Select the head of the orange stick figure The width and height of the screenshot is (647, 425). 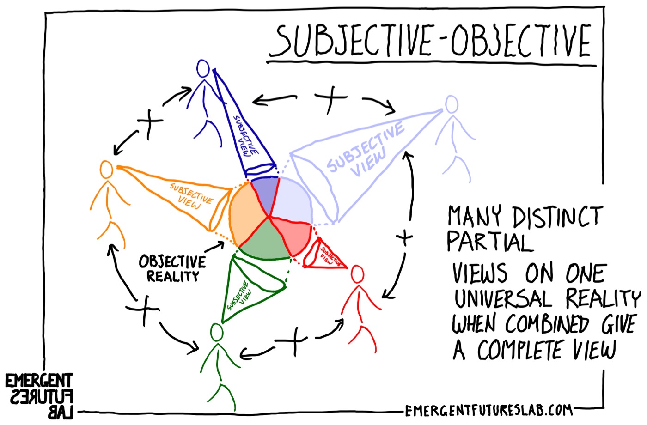pos(106,170)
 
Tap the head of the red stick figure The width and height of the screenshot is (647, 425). pos(357,274)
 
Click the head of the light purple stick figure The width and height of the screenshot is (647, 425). pos(451,104)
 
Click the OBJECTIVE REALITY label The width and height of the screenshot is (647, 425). pos(172,269)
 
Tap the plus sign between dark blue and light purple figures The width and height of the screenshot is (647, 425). pos(331,98)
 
